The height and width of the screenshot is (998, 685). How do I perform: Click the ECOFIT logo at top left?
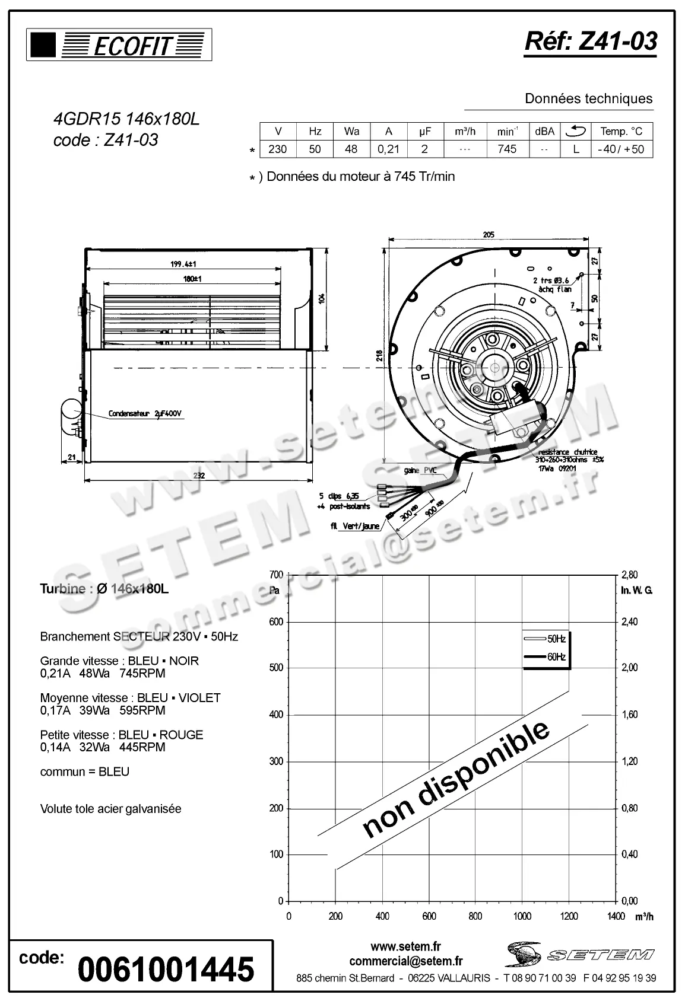(119, 46)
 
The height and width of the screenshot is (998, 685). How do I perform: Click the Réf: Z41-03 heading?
(591, 41)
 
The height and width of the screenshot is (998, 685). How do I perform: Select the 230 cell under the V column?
(277, 149)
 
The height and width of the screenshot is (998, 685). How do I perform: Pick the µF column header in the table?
(424, 132)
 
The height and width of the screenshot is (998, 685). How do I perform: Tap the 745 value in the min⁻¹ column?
(507, 149)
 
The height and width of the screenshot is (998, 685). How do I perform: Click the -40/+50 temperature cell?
(621, 149)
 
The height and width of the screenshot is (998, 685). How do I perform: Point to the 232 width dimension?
(199, 475)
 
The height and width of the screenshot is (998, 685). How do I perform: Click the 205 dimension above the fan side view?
(488, 235)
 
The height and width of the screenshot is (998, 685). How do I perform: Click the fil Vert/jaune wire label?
(355, 526)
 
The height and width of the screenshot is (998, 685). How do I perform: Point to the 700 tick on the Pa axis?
(276, 575)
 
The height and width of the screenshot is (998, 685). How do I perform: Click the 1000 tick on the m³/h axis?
(522, 916)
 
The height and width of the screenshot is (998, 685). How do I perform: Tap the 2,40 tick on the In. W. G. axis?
(629, 621)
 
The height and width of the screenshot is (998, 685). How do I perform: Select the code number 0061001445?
(166, 970)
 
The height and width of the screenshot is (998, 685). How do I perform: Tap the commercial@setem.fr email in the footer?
(406, 961)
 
